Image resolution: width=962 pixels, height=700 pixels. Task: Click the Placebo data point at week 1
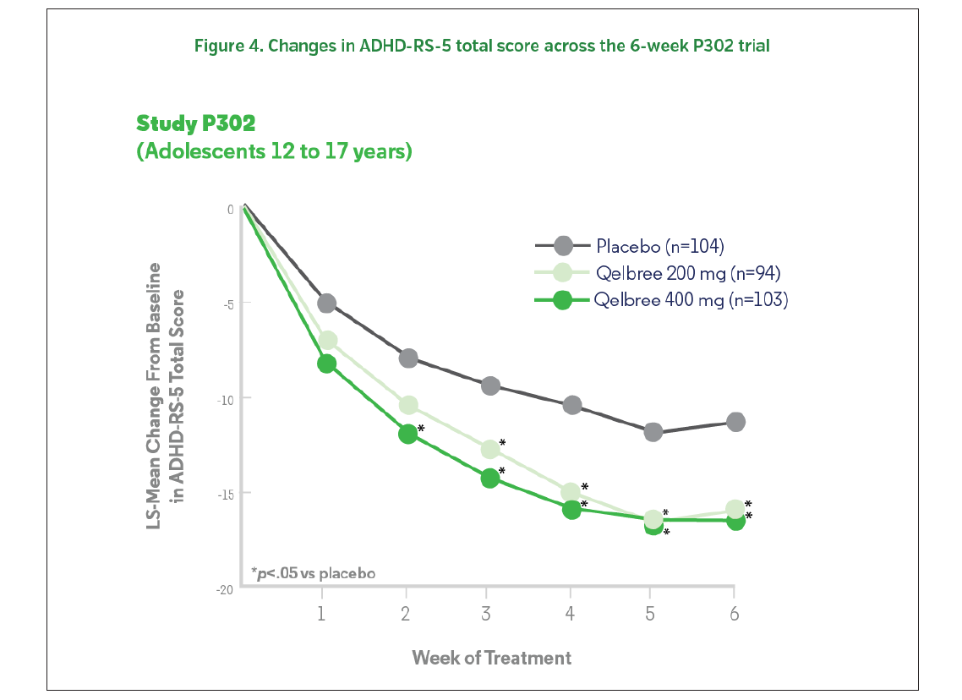[326, 303]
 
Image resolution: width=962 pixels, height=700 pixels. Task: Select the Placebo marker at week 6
[735, 422]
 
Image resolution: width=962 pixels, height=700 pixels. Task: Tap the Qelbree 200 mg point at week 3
[490, 449]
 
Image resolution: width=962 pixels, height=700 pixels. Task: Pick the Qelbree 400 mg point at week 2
[407, 434]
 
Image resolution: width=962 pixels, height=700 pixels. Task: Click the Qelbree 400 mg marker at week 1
[326, 364]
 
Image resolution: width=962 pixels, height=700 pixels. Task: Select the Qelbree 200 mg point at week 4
[571, 492]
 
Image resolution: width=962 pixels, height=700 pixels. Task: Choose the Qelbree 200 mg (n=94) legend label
[687, 273]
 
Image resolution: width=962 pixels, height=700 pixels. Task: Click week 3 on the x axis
[486, 614]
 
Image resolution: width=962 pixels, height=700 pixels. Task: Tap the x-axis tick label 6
[734, 614]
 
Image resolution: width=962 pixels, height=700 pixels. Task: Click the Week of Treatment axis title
[491, 657]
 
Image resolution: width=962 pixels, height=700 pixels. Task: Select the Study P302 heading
[195, 123]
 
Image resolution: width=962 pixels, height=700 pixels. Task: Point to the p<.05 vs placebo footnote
[313, 572]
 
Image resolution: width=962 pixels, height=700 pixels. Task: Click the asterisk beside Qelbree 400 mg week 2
[421, 429]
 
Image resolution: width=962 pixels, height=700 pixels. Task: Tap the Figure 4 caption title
[482, 46]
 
